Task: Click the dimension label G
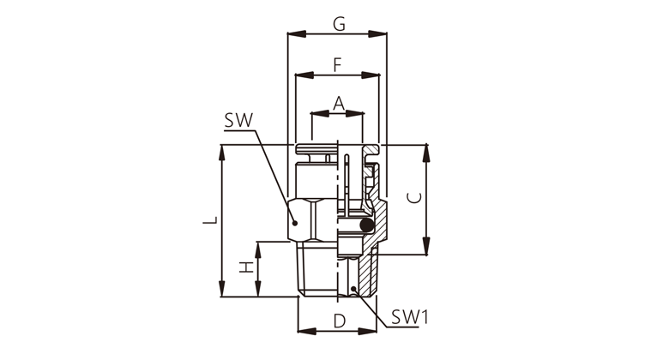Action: [339, 24]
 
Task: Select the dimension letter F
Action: [337, 65]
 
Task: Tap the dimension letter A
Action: [338, 103]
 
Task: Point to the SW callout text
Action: [238, 121]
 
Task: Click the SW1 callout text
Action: [410, 317]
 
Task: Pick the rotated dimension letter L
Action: [210, 220]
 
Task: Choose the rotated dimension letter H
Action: [246, 268]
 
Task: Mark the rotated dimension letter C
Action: [415, 198]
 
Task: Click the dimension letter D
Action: [339, 321]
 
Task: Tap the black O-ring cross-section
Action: [366, 225]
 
